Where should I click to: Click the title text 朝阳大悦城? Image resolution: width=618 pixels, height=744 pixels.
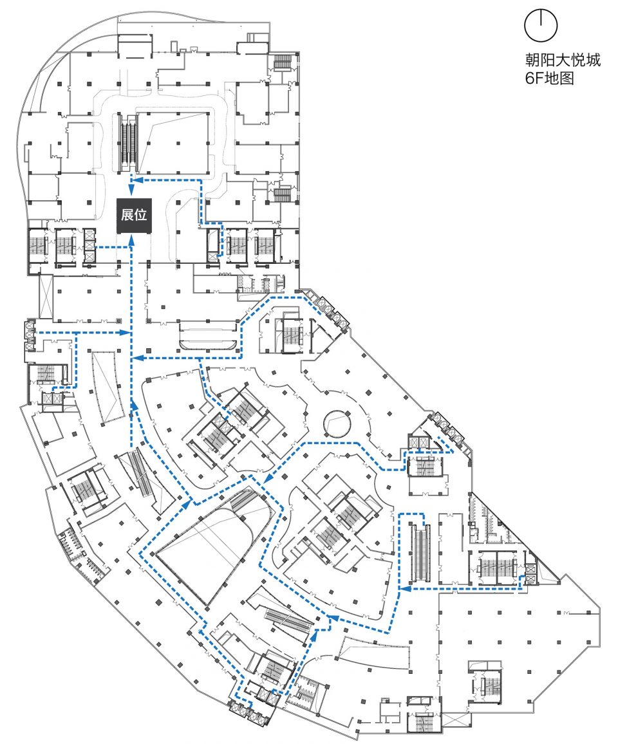(x=562, y=62)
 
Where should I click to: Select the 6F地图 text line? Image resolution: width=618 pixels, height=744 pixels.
(x=549, y=79)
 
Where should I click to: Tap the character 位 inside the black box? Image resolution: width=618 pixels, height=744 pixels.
(x=140, y=216)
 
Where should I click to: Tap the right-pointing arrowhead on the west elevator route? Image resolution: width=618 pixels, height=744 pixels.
(x=126, y=333)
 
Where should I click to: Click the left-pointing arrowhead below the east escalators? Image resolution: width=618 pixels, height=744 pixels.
(x=404, y=588)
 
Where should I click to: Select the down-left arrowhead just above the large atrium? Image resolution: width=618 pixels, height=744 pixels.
(x=266, y=479)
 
